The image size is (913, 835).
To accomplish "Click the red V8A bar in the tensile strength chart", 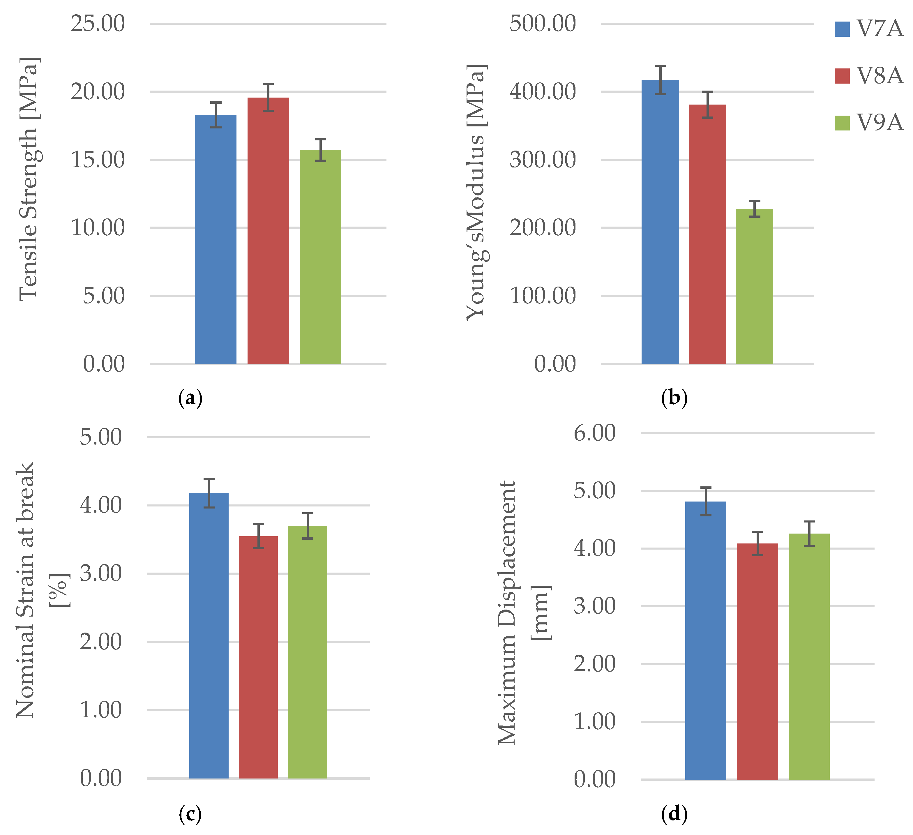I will coord(268,231).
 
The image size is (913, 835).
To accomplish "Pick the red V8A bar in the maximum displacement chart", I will coord(757,661).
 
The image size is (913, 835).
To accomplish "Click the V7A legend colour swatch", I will coord(842,29).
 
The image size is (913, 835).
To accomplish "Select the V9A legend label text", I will coord(880,123).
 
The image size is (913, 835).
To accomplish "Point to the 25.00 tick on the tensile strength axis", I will coord(97,24).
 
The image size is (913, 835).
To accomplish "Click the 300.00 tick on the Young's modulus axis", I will coord(543,160).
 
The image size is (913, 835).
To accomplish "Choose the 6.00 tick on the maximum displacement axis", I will coord(594,433).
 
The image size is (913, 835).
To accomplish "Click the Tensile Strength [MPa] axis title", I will coord(29,179).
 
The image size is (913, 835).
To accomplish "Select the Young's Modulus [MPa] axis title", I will coord(476,193).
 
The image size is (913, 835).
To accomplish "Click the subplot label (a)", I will coord(190,398).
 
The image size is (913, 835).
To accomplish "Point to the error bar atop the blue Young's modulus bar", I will coord(660,80).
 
